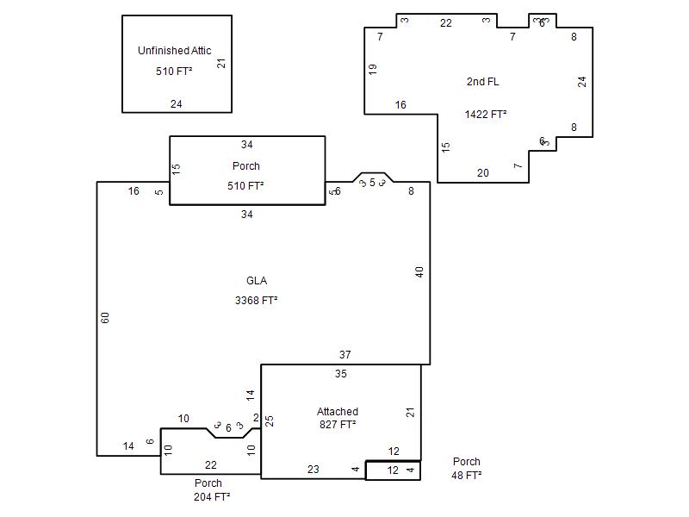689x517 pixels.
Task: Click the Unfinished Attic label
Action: pyautogui.click(x=175, y=51)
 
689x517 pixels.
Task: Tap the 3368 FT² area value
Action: pyautogui.click(x=256, y=300)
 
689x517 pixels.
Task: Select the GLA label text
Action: pyautogui.click(x=257, y=281)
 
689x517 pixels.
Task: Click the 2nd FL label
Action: pyautogui.click(x=482, y=81)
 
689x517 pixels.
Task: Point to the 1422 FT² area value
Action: pyautogui.click(x=486, y=115)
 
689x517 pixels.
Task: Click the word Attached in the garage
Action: pyautogui.click(x=338, y=412)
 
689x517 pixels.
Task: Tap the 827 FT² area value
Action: pyautogui.click(x=338, y=424)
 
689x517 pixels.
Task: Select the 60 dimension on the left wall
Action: pyautogui.click(x=104, y=317)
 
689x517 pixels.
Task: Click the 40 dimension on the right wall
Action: pyautogui.click(x=419, y=272)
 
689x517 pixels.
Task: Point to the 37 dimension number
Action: pyautogui.click(x=345, y=354)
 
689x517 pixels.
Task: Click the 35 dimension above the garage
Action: pyautogui.click(x=341, y=374)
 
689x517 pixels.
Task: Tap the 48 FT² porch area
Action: pyautogui.click(x=466, y=476)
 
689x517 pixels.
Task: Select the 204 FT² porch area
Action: pyautogui.click(x=212, y=497)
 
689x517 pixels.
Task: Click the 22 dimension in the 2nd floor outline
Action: pyautogui.click(x=446, y=23)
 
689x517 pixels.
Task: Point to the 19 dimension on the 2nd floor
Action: pyautogui.click(x=373, y=69)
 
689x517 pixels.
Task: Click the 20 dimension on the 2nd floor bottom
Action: pyautogui.click(x=483, y=173)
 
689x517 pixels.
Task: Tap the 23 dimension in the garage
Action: pyautogui.click(x=313, y=469)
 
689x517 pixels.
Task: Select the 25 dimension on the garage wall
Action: pyautogui.click(x=270, y=420)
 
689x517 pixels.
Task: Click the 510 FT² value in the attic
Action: pyautogui.click(x=174, y=71)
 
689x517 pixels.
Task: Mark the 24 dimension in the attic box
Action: pyautogui.click(x=177, y=103)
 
